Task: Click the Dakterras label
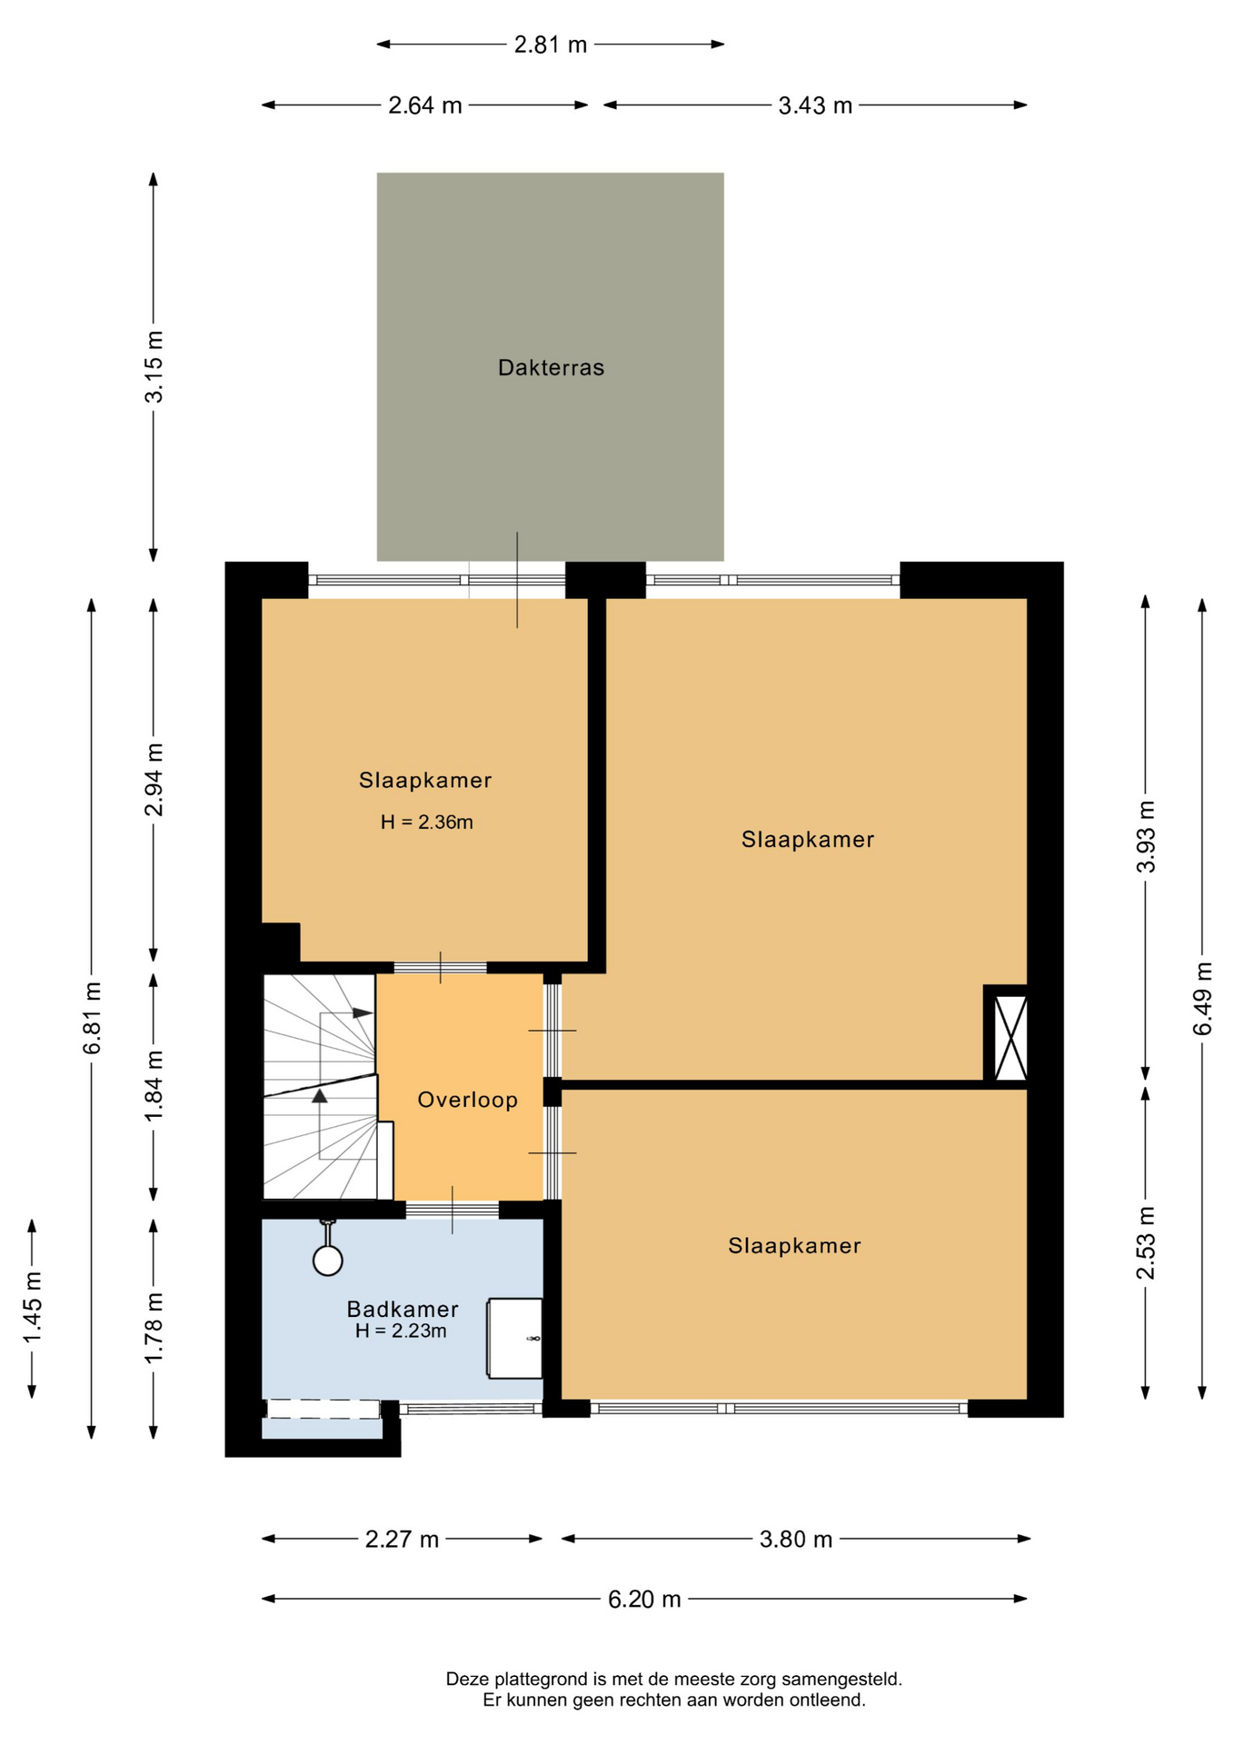pos(551,368)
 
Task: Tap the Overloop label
pos(467,1100)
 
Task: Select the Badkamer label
pos(403,1309)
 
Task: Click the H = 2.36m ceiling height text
pos(427,823)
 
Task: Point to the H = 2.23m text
pos(401,1331)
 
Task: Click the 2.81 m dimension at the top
pos(551,45)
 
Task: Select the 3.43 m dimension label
pos(815,105)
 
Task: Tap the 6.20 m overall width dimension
pos(644,1600)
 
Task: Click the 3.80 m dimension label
pos(796,1540)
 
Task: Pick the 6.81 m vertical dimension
pos(92,1018)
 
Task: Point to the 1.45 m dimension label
pos(33,1308)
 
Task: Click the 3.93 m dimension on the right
pos(1147,836)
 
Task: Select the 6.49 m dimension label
pos(1203,998)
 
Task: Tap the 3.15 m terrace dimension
pos(154,366)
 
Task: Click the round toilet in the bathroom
pos(328,1260)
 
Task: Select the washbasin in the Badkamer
pos(515,1338)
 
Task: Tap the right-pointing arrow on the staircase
pos(363,1012)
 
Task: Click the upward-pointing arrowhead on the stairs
pos(319,1096)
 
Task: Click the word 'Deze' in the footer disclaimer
pos(466,1680)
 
